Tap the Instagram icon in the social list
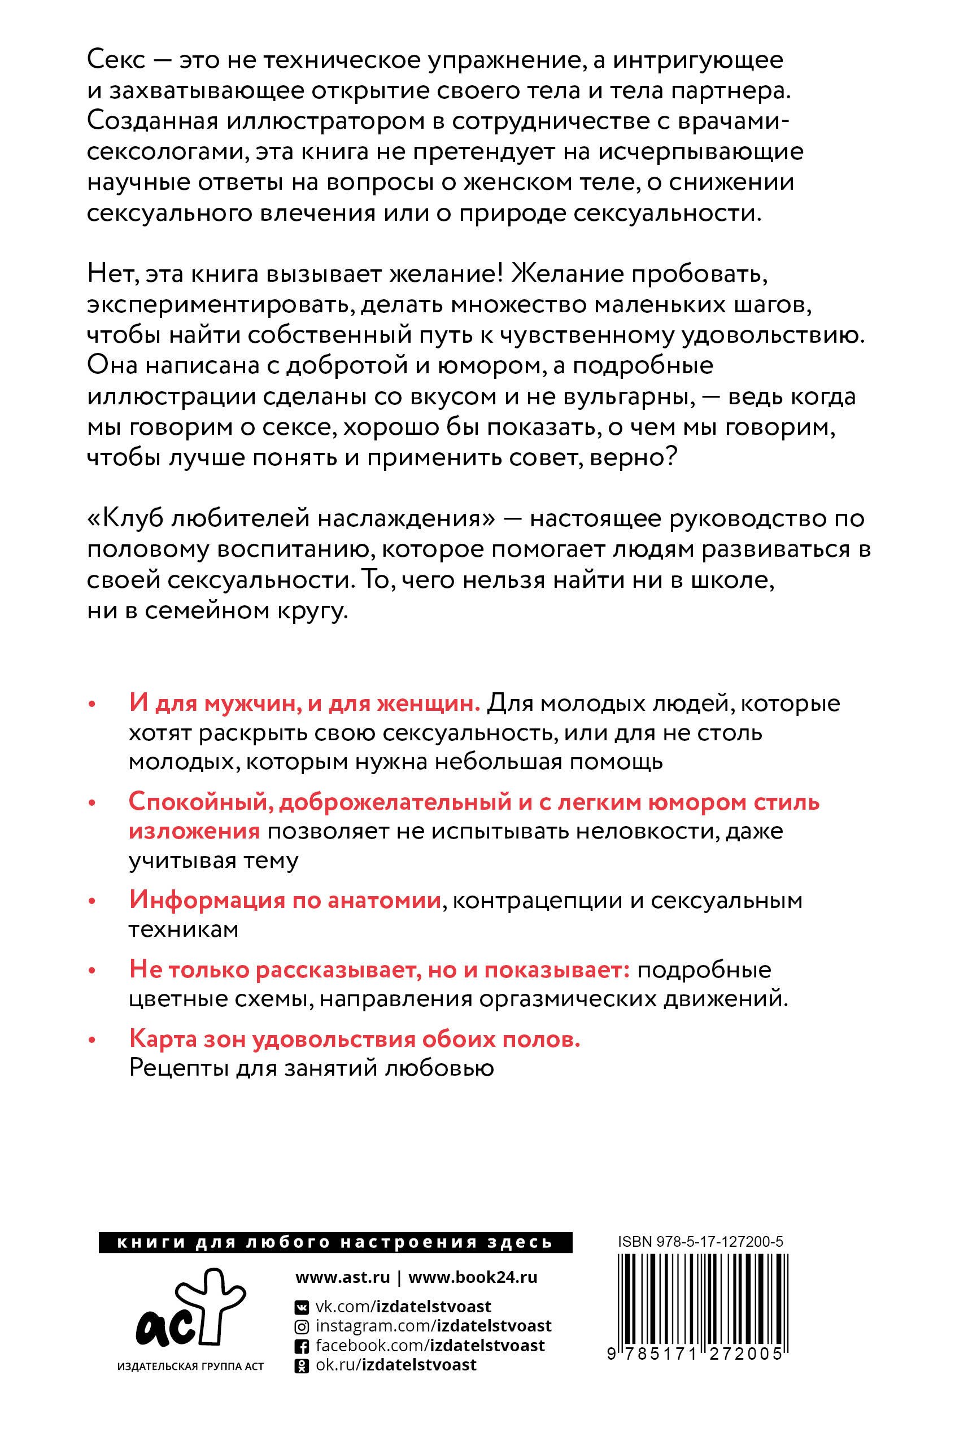[301, 1326]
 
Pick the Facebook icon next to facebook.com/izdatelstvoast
[301, 1346]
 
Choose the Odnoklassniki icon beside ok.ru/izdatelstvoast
[301, 1365]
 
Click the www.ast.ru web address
[342, 1277]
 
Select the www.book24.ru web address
[472, 1277]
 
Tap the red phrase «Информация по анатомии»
[285, 901]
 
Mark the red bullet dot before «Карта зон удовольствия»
[93, 1041]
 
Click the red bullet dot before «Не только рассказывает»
[93, 971]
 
